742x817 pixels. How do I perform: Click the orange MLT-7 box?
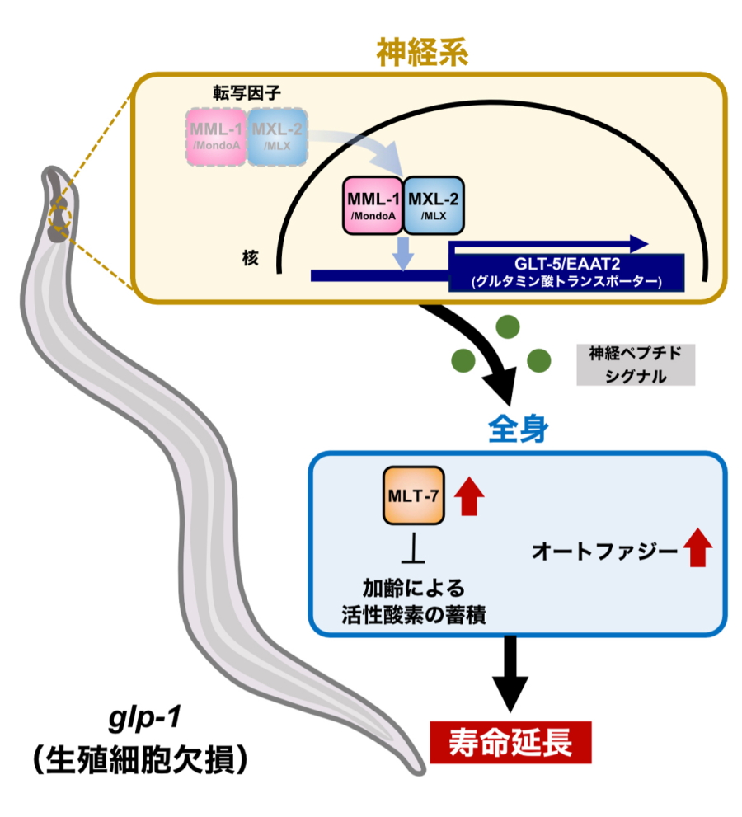pyautogui.click(x=414, y=495)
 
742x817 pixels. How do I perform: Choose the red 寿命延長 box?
pyautogui.click(x=510, y=740)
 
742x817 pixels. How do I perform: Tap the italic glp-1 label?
pyautogui.click(x=139, y=719)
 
